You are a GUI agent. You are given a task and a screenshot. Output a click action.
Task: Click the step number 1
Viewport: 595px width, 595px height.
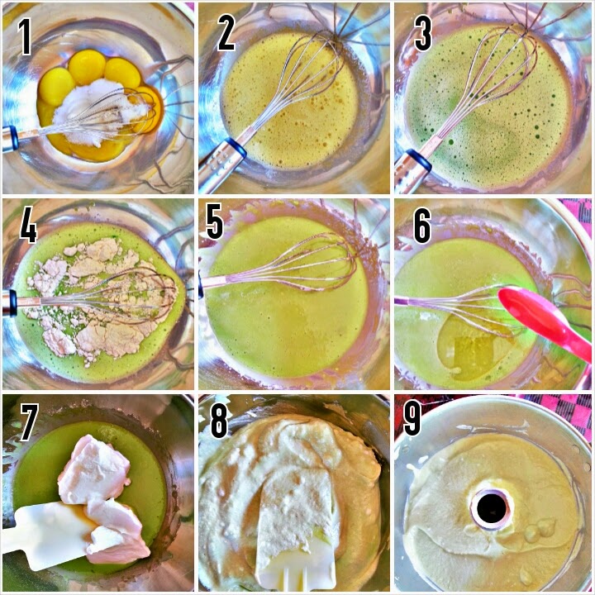click(25, 37)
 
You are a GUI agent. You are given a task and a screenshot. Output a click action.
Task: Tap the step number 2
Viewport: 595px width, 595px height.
click(226, 33)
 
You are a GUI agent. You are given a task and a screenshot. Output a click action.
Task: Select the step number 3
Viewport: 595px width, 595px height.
click(423, 33)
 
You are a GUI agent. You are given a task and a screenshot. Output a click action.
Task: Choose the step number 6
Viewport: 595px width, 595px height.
click(422, 226)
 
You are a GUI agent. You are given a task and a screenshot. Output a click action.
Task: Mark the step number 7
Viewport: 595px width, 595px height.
click(29, 422)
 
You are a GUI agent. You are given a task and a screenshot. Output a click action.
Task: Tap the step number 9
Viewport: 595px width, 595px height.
click(412, 417)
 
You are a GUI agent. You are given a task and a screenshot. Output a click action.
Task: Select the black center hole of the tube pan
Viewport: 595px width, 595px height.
click(492, 508)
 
